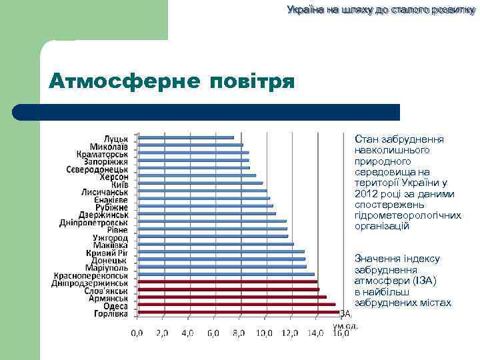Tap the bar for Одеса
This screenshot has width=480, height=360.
(236, 305)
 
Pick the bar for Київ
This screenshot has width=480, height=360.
(200, 183)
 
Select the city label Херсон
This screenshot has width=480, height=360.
(114, 177)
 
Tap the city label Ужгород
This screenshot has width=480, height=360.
(110, 237)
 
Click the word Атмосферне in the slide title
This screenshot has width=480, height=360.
(123, 83)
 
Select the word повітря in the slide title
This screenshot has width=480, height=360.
(252, 83)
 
